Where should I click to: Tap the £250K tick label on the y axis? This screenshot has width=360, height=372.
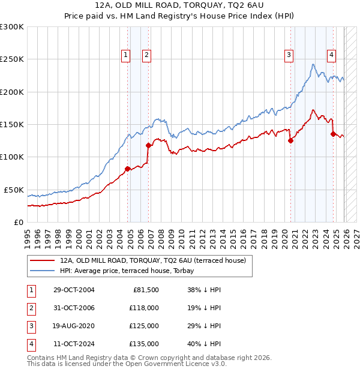pyautogui.click(x=12, y=59)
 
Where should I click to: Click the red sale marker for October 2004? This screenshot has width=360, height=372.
pyautogui.click(x=128, y=169)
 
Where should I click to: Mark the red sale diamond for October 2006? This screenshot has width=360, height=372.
pyautogui.click(x=148, y=145)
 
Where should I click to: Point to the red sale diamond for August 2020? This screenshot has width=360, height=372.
pyautogui.click(x=290, y=140)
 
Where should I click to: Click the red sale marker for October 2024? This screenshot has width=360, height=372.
pyautogui.click(x=333, y=134)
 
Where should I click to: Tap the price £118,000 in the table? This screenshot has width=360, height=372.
pyautogui.click(x=145, y=308)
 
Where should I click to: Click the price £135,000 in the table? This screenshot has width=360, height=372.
pyautogui.click(x=145, y=344)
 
